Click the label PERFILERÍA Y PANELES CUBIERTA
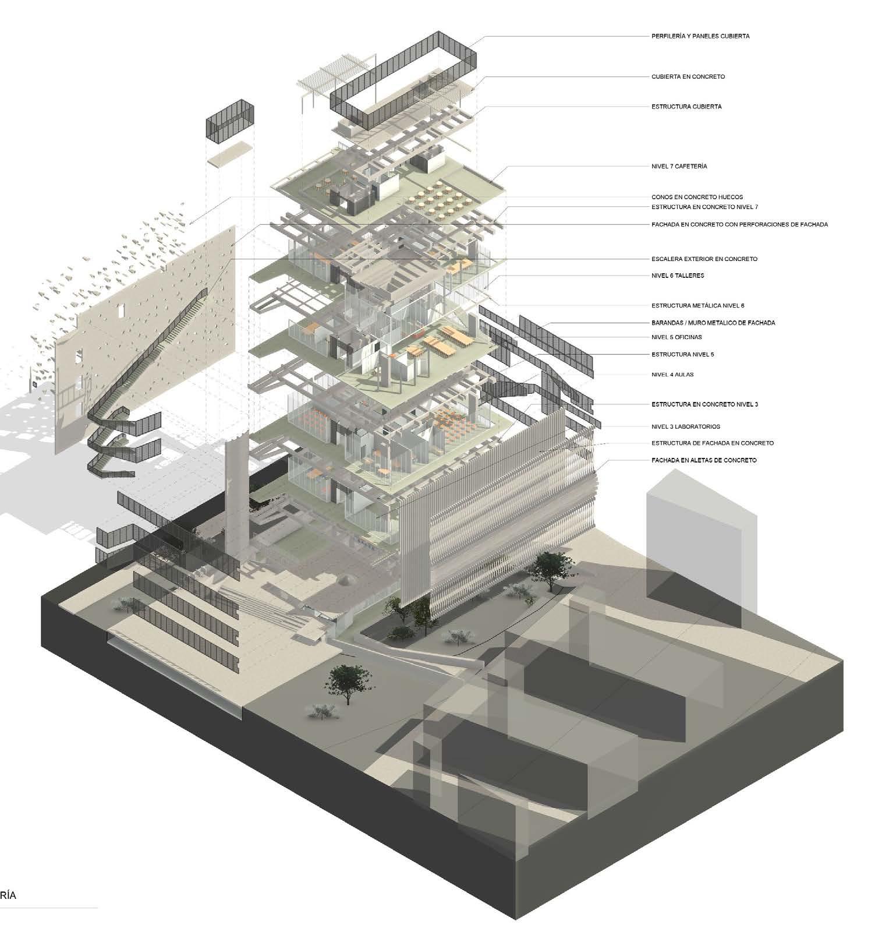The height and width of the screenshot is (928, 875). (692, 36)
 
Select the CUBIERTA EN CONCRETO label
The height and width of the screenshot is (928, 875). (688, 76)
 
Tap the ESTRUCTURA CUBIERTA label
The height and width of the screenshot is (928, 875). (686, 107)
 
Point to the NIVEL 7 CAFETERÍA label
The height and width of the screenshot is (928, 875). (679, 166)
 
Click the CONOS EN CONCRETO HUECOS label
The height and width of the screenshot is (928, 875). (697, 197)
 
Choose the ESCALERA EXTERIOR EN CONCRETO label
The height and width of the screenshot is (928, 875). (704, 259)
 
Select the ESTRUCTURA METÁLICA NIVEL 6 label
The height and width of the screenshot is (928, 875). (697, 305)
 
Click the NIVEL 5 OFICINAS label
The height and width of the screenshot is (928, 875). (676, 337)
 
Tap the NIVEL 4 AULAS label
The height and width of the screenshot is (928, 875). (672, 375)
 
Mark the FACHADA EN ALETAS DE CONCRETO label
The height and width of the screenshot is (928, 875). (704, 460)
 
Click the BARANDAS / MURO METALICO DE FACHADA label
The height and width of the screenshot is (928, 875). (713, 323)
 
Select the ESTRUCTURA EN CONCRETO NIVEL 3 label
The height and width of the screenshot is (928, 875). (704, 404)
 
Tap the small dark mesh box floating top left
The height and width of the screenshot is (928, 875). (231, 121)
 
